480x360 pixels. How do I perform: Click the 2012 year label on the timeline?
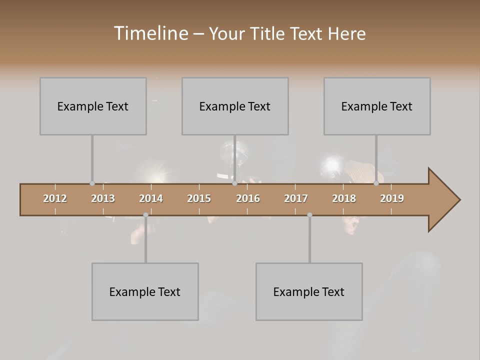tap(55, 198)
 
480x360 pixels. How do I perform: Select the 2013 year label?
tap(103, 198)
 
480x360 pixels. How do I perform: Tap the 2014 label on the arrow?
tap(151, 198)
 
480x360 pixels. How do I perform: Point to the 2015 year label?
tap(199, 198)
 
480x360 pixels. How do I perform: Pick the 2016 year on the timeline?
tap(248, 198)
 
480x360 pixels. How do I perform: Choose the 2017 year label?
tap(296, 198)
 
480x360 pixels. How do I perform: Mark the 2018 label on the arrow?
tap(344, 198)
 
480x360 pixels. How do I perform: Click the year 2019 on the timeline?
tap(392, 198)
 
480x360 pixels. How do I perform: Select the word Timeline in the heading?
tap(150, 33)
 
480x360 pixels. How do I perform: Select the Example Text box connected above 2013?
tap(93, 106)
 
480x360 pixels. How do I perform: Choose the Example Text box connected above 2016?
tap(235, 106)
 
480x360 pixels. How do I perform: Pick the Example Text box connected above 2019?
tap(377, 106)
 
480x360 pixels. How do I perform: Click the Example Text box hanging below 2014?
tap(145, 291)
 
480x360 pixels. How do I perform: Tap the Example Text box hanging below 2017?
tap(309, 291)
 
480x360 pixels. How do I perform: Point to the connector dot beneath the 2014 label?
tap(145, 214)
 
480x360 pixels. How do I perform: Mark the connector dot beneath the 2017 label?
tap(309, 214)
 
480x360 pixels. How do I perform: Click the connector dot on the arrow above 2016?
tap(234, 183)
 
